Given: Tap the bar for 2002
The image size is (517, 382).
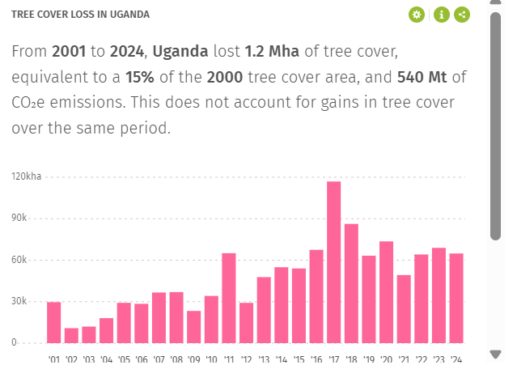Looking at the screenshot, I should click(x=71, y=335).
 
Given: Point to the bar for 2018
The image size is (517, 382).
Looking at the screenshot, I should click(x=351, y=282).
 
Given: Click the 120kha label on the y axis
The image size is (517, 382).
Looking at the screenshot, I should click(x=26, y=176).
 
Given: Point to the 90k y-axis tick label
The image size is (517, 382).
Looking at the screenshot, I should click(x=19, y=219).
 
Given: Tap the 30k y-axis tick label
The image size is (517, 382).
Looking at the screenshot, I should click(x=19, y=301).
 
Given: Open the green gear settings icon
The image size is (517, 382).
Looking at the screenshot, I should click(x=417, y=15).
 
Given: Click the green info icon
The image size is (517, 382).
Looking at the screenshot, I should click(x=441, y=15).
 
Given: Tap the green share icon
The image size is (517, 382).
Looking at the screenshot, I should click(x=462, y=15).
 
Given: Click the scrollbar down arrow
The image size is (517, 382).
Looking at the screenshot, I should click(x=496, y=354).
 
